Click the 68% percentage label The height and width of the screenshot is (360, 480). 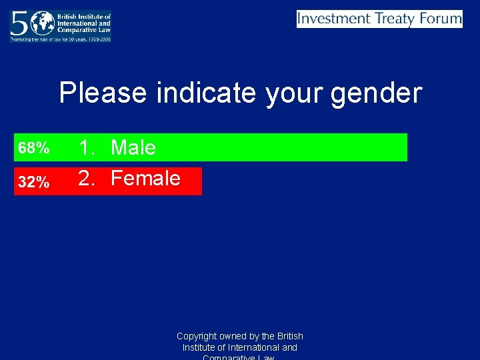[x=33, y=148]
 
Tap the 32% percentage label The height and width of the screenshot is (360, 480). [x=33, y=182]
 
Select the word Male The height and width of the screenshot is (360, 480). [x=133, y=147]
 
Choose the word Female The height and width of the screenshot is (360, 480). [x=145, y=178]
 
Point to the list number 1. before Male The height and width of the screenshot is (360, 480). [x=89, y=147]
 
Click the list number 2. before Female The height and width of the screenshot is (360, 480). [x=89, y=178]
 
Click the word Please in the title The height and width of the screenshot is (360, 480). [x=103, y=93]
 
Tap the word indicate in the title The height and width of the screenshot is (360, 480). [x=205, y=93]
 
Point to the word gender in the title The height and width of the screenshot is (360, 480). [x=376, y=93]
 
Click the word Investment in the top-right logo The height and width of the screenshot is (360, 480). [x=334, y=19]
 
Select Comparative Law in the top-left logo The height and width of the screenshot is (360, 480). [x=86, y=29]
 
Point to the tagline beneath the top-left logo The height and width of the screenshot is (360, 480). [x=60, y=39]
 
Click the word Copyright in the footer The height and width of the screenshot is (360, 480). [x=197, y=336]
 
